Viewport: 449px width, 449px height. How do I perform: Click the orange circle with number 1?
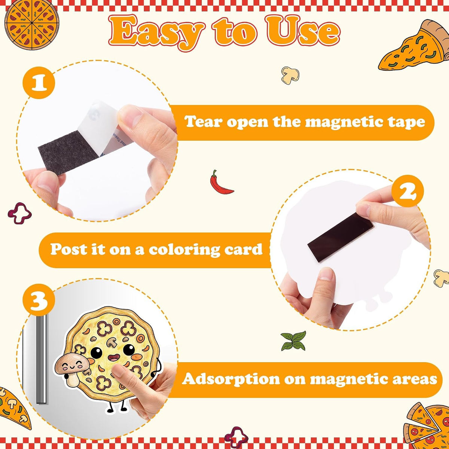(39, 83)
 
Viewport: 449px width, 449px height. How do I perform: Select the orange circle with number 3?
(39, 300)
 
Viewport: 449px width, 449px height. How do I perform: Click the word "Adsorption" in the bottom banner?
(231, 379)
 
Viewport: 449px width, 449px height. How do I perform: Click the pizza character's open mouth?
(114, 357)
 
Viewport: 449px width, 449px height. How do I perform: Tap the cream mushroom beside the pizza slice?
(290, 75)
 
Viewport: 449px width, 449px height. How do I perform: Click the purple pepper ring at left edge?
(20, 213)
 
